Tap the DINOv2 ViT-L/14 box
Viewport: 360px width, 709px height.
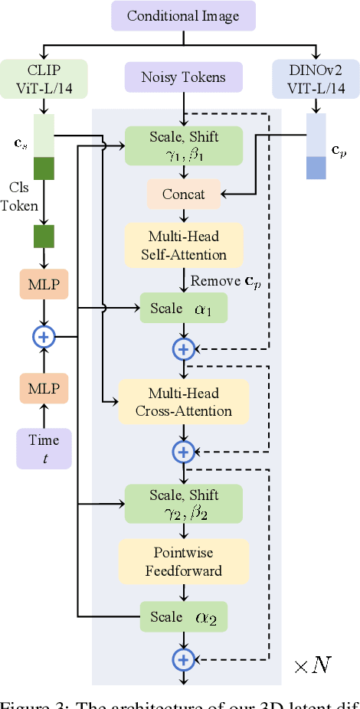(316, 77)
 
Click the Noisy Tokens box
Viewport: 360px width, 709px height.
(183, 77)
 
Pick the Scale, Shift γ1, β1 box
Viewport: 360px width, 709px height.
(183, 144)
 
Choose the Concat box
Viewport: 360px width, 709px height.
(183, 194)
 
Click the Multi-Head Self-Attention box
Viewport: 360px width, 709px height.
(183, 245)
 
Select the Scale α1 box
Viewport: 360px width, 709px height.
(183, 308)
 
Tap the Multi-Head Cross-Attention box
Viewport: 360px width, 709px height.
(183, 402)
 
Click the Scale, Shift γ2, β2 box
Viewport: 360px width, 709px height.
(183, 503)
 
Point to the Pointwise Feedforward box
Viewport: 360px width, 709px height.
(183, 561)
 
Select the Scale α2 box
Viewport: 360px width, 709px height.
(183, 616)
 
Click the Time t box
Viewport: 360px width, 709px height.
(44, 448)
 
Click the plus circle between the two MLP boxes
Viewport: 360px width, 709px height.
(44, 335)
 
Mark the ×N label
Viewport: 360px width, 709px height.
(313, 664)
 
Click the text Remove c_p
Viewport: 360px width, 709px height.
(224, 281)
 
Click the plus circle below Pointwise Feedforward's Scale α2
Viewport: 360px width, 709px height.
(183, 658)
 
